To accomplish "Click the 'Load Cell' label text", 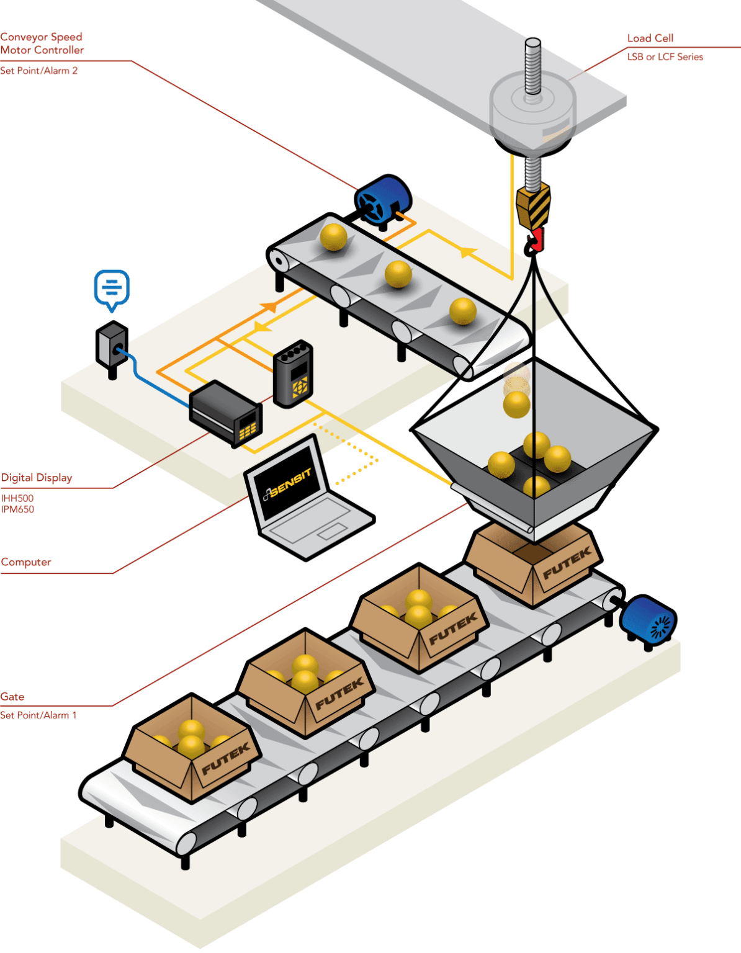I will [650, 38].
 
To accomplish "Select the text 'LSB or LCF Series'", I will [665, 57].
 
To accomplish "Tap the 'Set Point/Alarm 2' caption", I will [38, 71].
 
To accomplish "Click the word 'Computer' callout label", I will [26, 562].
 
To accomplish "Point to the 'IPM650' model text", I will [17, 509].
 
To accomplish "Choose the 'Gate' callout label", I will [12, 697].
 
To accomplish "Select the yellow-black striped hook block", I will [533, 205].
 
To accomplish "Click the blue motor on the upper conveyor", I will [383, 199].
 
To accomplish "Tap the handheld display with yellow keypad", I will [293, 374].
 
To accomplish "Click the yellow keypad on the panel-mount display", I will [248, 428].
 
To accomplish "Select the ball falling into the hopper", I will [516, 403].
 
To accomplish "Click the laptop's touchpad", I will [333, 531].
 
